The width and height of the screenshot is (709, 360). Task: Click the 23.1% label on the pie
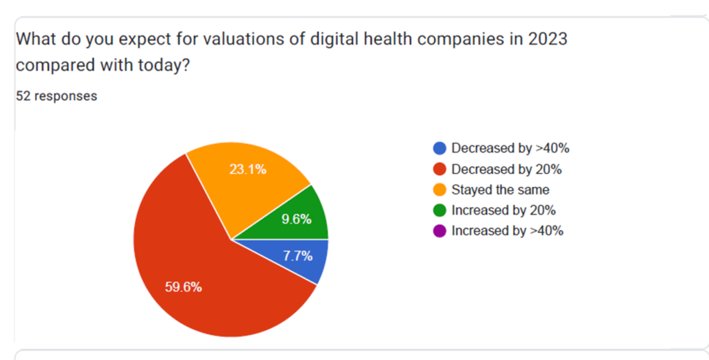[x=248, y=168]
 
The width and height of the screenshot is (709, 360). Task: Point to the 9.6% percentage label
[x=297, y=219]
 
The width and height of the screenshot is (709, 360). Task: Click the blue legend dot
[x=439, y=148]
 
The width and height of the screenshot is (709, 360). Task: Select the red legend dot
[x=439, y=169]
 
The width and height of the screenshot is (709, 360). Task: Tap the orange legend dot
[x=439, y=190]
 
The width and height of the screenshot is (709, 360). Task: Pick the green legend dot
[x=439, y=210]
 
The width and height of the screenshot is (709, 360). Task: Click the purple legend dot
[x=439, y=231]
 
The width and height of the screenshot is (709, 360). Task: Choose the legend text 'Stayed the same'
[x=500, y=190]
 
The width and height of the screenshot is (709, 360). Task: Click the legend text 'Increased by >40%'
[x=507, y=231]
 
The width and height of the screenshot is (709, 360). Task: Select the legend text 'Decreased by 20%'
[x=506, y=169]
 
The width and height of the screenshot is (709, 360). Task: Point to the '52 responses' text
[x=56, y=96]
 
